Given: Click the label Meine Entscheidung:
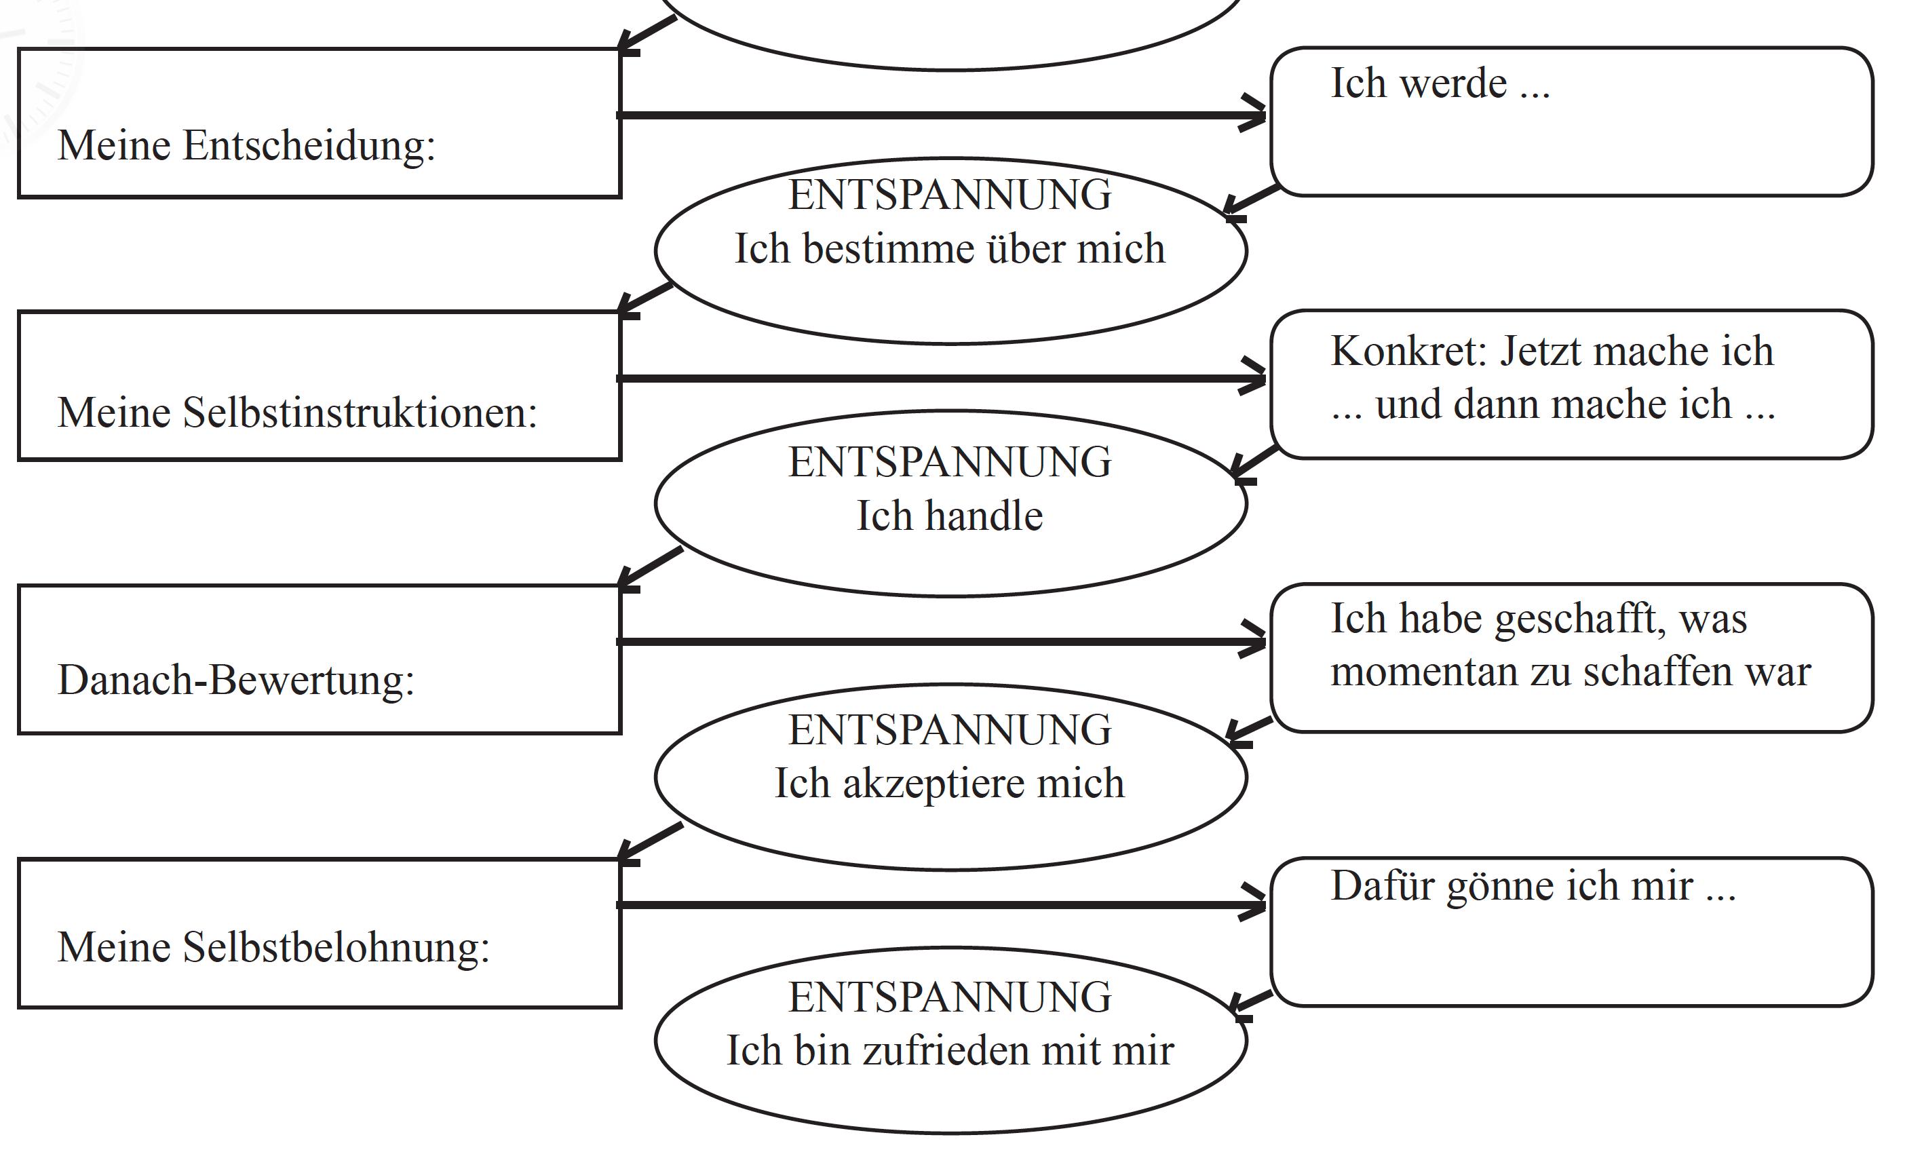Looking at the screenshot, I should click(246, 145).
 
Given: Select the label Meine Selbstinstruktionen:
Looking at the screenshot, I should click(297, 412).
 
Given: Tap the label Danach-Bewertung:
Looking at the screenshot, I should click(236, 680).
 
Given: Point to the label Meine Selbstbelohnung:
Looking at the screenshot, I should click(273, 947).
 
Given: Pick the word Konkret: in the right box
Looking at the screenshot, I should click(1408, 352).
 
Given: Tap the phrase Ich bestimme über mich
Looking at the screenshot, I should click(949, 249).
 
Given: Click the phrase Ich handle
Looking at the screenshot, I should click(949, 516).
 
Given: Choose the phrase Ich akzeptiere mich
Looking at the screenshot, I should click(949, 783).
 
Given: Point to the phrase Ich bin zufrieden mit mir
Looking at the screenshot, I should click(949, 1051).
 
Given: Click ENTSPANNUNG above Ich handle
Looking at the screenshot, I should click(949, 462).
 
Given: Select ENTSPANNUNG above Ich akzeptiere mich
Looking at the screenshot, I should click(949, 730).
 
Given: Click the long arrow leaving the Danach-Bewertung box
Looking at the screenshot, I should click(928, 642).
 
